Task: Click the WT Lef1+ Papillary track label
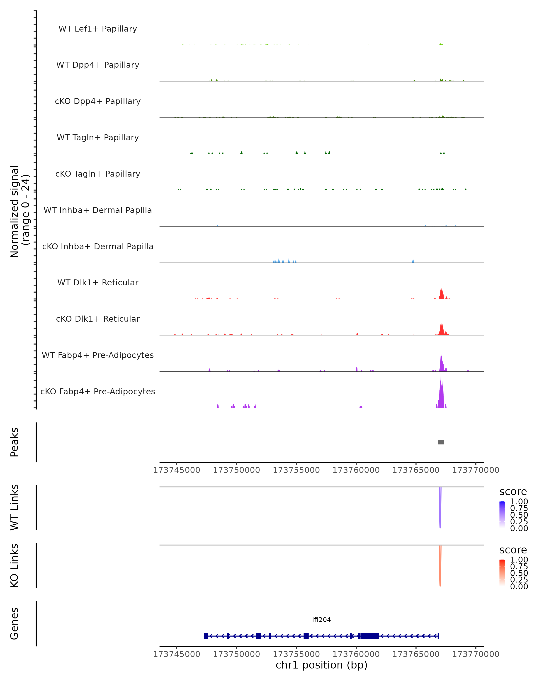pos(98,29)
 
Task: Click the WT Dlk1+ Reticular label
pos(98,282)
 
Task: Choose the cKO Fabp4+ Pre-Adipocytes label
pos(98,391)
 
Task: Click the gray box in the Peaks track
pos(441,442)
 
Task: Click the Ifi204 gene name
pos(321,620)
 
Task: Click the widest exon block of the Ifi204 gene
pos(369,636)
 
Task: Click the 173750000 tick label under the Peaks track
pos(236,470)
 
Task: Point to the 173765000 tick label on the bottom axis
pos(416,654)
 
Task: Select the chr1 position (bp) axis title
pos(321,665)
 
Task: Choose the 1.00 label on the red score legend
pos(519,560)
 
